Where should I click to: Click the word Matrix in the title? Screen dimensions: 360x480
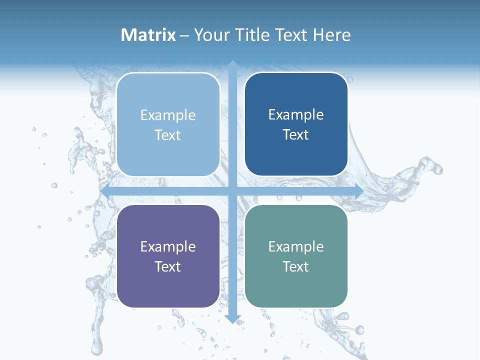(x=148, y=35)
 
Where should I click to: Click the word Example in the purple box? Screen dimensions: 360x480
(x=168, y=246)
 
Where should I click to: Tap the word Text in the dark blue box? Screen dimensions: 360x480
(x=296, y=135)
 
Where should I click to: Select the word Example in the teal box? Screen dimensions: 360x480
(x=296, y=246)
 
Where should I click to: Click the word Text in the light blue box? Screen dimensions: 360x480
(x=168, y=135)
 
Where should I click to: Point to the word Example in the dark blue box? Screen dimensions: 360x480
(x=296, y=115)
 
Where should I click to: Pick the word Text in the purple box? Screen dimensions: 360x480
(x=168, y=266)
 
